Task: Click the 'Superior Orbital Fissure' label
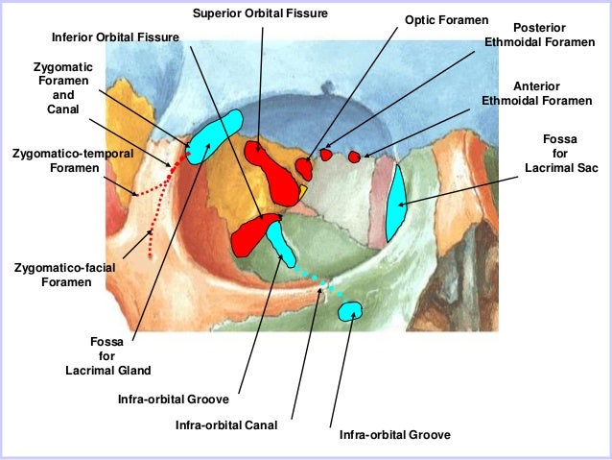(260, 14)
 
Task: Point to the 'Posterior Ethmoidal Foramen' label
(538, 36)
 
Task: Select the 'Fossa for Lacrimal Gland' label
(107, 354)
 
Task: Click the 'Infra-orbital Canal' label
(226, 424)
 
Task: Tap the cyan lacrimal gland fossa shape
(213, 137)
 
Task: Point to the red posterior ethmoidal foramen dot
(326, 154)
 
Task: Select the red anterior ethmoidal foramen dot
(354, 157)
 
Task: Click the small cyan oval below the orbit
(349, 310)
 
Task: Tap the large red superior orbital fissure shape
(276, 177)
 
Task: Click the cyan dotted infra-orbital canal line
(316, 279)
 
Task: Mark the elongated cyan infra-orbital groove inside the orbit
(281, 242)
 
